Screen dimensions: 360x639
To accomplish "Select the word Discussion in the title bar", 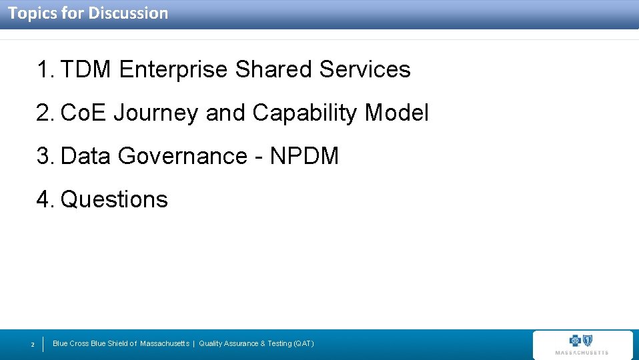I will point(128,13).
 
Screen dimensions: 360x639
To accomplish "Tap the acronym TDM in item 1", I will point(85,69).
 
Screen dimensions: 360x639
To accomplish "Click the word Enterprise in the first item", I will point(173,69).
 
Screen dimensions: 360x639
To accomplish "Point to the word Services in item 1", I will point(365,69).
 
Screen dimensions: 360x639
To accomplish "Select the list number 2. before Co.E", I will point(46,113).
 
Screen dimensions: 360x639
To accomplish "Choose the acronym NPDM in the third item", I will point(305,156).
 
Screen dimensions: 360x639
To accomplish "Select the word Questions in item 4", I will point(114,199).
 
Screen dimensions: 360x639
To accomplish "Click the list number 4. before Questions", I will point(46,199).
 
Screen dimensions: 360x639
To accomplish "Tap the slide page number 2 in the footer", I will point(33,345).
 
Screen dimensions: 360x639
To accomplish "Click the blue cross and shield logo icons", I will point(582,340).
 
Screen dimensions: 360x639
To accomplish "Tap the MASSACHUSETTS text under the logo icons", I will point(582,353).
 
